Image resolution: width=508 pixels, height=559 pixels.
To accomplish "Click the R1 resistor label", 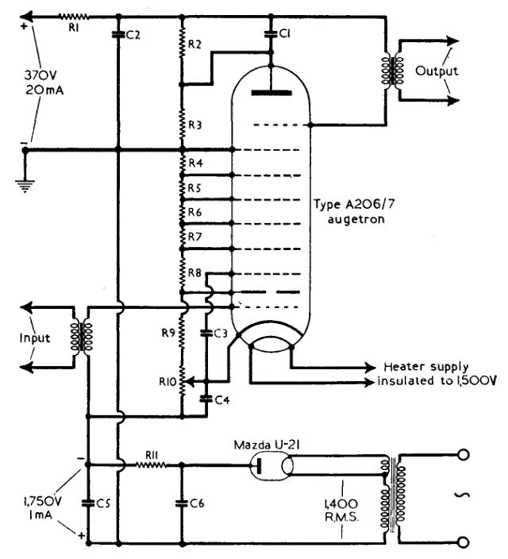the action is click(x=74, y=28).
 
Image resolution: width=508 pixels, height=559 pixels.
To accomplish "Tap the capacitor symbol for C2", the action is click(x=119, y=35).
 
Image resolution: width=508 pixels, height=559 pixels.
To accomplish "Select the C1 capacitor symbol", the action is click(x=271, y=34).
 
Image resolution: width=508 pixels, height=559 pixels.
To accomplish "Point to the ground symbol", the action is click(x=25, y=186).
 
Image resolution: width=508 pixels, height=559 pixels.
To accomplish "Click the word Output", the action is click(x=437, y=71).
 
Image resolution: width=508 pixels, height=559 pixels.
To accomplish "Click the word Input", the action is click(x=35, y=337).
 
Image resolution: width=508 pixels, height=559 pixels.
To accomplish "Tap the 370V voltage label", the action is click(x=40, y=75).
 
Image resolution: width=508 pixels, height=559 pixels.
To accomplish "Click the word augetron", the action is click(x=356, y=219).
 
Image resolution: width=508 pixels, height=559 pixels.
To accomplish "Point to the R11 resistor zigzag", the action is click(x=151, y=465).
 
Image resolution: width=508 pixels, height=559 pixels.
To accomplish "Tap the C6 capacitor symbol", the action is click(x=182, y=503).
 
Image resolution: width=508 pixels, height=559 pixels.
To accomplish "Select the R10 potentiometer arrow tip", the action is click(x=186, y=382).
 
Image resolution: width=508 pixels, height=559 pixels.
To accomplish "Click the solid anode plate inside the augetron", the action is click(x=271, y=93).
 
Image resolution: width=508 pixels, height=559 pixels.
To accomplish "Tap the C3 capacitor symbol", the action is click(x=206, y=333).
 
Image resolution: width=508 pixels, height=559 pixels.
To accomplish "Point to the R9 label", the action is click(x=168, y=333).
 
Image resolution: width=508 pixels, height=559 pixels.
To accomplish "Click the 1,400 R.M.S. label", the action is click(x=341, y=510).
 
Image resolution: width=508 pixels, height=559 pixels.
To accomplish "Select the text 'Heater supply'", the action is click(x=426, y=367).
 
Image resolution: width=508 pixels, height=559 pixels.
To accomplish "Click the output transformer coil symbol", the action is click(x=393, y=70).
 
